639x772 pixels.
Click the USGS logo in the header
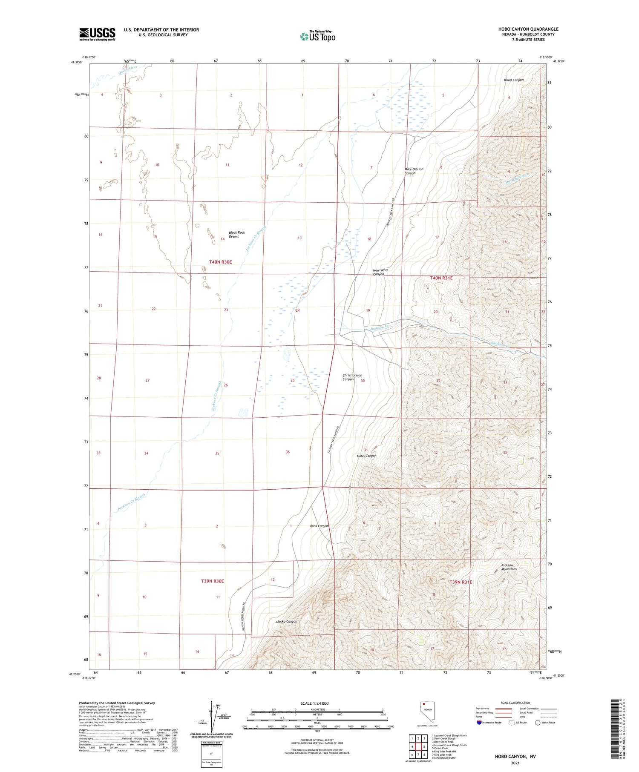click(97, 34)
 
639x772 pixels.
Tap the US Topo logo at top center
click(317, 37)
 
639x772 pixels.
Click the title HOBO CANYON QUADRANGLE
click(528, 29)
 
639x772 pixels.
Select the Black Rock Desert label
click(237, 235)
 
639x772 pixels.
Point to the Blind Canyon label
click(513, 80)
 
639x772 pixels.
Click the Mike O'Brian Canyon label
click(414, 171)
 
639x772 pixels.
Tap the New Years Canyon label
click(380, 272)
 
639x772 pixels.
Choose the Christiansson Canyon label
click(352, 377)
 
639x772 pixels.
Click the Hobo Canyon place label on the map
click(366, 456)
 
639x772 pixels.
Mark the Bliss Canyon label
click(319, 526)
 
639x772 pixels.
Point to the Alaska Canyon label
click(286, 622)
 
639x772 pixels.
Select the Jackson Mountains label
click(509, 567)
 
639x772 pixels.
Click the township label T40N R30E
click(220, 262)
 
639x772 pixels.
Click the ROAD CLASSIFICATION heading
click(515, 703)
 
